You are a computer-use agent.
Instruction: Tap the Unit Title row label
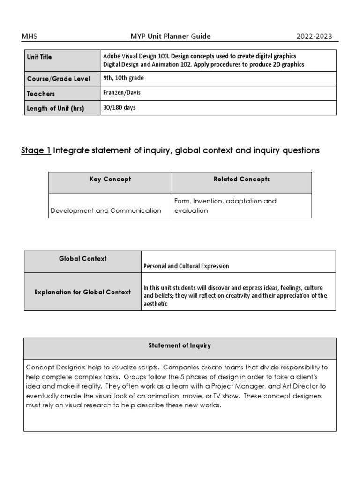point(40,57)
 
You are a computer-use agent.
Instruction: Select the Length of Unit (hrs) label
point(55,108)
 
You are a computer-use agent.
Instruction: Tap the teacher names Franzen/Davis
point(122,93)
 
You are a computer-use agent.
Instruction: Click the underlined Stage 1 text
point(36,150)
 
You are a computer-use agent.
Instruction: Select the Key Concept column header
point(110,180)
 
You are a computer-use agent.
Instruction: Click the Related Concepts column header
point(241,180)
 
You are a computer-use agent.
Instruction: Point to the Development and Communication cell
point(105,211)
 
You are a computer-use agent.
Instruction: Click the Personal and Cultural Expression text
point(187,266)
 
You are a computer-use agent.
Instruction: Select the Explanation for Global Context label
point(82,292)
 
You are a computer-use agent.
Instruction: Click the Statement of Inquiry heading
point(180,346)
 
